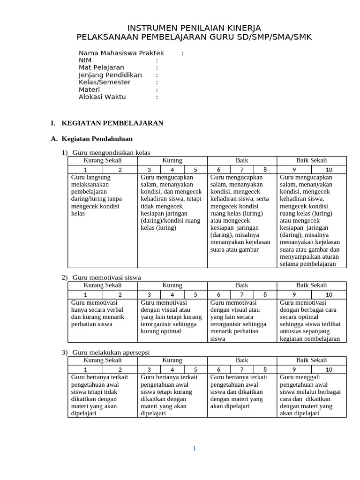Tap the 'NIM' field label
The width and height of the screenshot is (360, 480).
(x=85, y=60)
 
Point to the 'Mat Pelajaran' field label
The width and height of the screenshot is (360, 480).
(x=101, y=67)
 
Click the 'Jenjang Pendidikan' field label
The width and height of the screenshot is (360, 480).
(x=110, y=75)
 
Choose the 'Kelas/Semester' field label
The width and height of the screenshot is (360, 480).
(x=105, y=82)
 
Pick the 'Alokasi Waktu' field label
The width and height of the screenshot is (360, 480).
(x=102, y=97)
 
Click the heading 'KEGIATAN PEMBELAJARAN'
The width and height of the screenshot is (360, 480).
(x=112, y=123)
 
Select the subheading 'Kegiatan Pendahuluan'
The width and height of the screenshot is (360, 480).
(x=97, y=139)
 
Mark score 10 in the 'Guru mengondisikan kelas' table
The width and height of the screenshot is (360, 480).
(x=329, y=170)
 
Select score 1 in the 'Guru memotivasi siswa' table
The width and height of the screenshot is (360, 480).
(x=85, y=294)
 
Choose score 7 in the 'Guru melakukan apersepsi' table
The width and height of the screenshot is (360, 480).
(x=242, y=369)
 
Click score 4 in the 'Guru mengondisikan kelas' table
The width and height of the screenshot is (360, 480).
(x=172, y=170)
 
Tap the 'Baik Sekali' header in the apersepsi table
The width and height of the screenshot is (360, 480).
(x=311, y=360)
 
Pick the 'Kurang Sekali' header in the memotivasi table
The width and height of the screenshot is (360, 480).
(x=102, y=285)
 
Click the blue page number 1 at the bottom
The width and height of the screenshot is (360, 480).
(x=194, y=449)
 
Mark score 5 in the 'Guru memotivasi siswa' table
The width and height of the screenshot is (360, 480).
(x=195, y=294)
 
